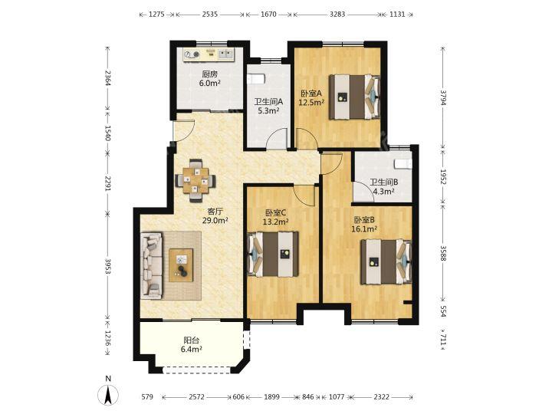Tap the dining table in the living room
pyautogui.click(x=195, y=181)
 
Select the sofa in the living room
pyautogui.click(x=152, y=265)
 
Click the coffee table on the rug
pyautogui.click(x=181, y=265)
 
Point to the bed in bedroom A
pyautogui.click(x=355, y=97)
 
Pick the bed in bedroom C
pyautogui.click(x=273, y=254)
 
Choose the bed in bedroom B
pyautogui.click(x=386, y=261)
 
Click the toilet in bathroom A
pyautogui.click(x=255, y=78)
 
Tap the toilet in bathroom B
pyautogui.click(x=403, y=164)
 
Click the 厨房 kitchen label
pyautogui.click(x=210, y=74)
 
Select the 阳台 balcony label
pyautogui.click(x=192, y=340)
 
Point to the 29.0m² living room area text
pyautogui.click(x=215, y=221)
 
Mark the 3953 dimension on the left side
pyautogui.click(x=108, y=268)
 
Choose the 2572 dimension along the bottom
pyautogui.click(x=196, y=397)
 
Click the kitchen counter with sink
pyautogui.click(x=209, y=54)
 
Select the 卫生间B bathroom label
pyautogui.click(x=384, y=182)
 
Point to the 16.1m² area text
pyautogui.click(x=364, y=228)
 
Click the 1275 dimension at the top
pyautogui.click(x=156, y=15)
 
